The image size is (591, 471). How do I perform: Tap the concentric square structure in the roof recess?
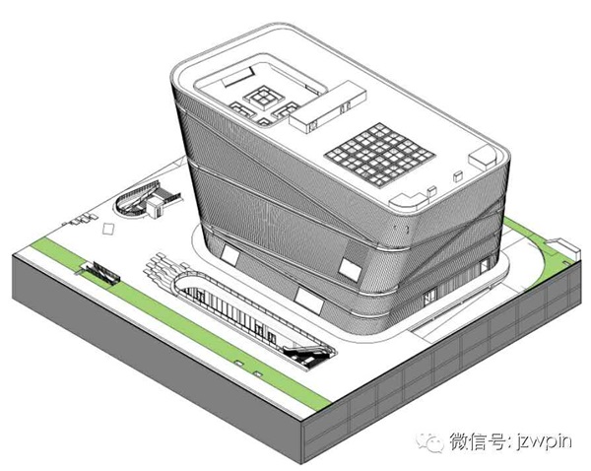265,100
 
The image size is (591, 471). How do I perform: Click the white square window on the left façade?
230,254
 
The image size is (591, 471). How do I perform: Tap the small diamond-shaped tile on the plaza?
106,228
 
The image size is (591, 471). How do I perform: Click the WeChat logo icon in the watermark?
430,442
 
